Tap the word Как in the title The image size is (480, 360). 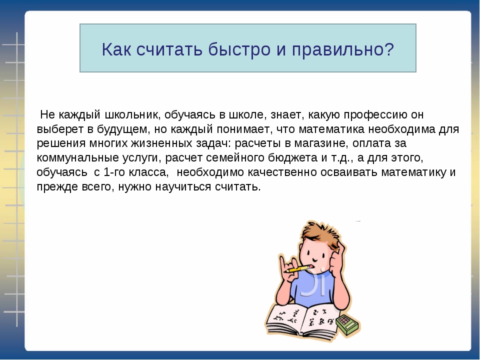116,49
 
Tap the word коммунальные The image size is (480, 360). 78,158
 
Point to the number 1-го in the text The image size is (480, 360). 114,172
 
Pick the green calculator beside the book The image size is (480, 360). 348,324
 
